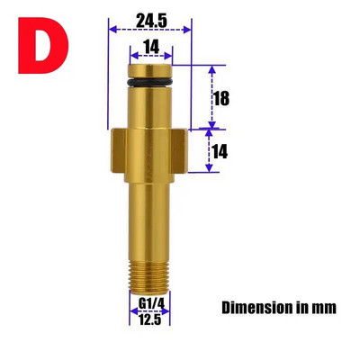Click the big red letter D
(x=43, y=45)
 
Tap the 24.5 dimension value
(x=151, y=21)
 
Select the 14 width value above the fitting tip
(x=151, y=47)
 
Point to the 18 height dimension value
(x=221, y=98)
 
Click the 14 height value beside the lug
(x=220, y=151)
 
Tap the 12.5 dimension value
(x=149, y=319)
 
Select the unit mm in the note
(x=325, y=309)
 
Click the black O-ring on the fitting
(x=150, y=82)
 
